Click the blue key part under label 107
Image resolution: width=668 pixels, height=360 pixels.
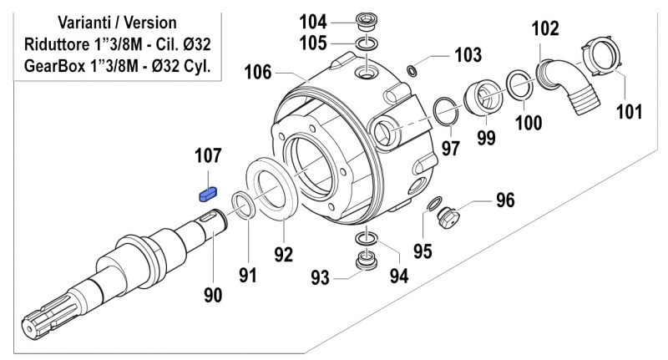pos(207,194)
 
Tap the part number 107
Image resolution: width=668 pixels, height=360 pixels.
pos(208,156)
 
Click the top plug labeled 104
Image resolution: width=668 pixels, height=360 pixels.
pos(364,20)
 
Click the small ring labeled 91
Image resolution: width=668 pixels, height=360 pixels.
pos(243,205)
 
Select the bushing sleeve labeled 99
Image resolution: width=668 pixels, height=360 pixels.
pos(483,94)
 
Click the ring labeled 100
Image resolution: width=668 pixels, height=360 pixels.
pos(518,85)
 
